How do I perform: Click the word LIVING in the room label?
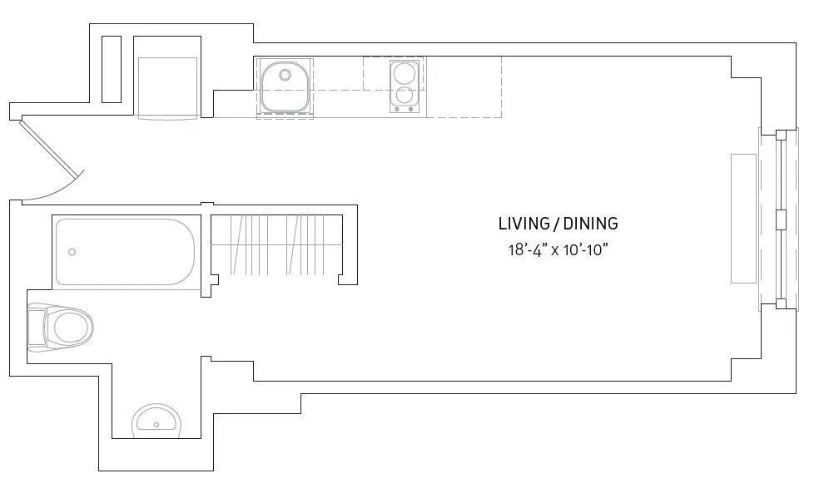[x=524, y=224]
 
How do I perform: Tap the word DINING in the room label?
[x=590, y=224]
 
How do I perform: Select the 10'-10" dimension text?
[x=587, y=249]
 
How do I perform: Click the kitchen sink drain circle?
[x=285, y=75]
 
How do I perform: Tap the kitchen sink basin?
[x=285, y=86]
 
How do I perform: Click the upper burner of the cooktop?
[x=404, y=71]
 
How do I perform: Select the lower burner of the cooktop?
[x=404, y=94]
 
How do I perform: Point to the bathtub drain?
[x=72, y=252]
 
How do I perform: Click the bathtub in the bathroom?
[x=125, y=252]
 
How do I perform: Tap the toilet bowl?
[x=72, y=328]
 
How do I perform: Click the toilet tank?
[x=37, y=328]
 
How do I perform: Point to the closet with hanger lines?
[x=276, y=244]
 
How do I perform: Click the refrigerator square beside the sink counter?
[x=167, y=86]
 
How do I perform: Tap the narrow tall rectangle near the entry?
[x=111, y=69]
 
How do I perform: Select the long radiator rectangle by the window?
[x=743, y=219]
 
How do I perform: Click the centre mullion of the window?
[x=781, y=219]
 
